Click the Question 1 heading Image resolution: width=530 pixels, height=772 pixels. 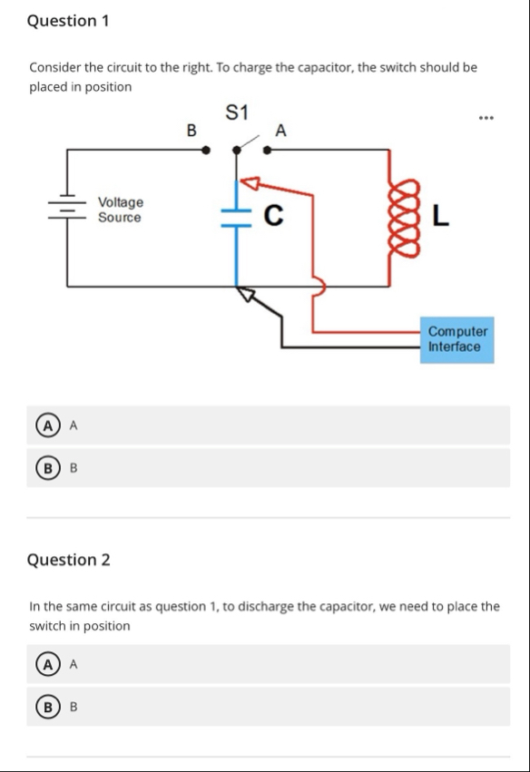click(x=68, y=21)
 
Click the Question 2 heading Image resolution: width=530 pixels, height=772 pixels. click(x=68, y=560)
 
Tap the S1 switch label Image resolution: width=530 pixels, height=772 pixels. click(x=237, y=112)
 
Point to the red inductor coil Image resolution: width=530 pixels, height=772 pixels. click(x=405, y=218)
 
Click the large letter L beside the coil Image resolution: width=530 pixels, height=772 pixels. click(x=441, y=216)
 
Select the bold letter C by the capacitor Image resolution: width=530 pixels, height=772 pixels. click(x=273, y=215)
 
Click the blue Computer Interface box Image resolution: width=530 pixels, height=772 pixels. click(x=457, y=339)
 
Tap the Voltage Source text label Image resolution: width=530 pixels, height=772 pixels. click(x=121, y=210)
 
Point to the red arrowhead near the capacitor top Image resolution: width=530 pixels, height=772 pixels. click(x=250, y=183)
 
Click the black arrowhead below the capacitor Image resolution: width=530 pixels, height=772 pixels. click(x=246, y=295)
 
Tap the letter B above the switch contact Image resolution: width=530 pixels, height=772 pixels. click(x=191, y=131)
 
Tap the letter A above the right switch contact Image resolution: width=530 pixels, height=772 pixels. click(x=280, y=131)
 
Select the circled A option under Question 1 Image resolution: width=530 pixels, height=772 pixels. click(x=48, y=425)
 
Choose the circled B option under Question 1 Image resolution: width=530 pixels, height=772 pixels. click(x=48, y=468)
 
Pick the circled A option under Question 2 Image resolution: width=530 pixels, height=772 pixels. click(x=48, y=665)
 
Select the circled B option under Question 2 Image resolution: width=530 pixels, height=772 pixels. click(x=48, y=707)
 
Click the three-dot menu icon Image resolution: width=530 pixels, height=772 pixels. click(x=486, y=118)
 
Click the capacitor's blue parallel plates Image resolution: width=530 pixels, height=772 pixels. click(x=237, y=218)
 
